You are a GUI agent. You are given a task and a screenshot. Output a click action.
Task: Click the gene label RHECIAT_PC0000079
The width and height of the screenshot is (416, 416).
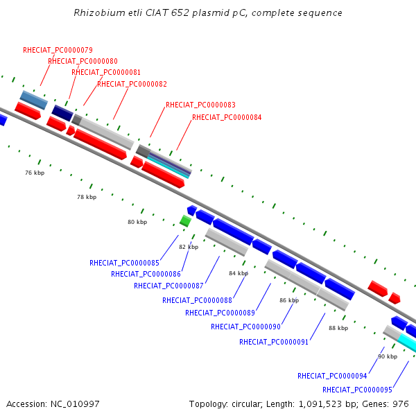(58, 50)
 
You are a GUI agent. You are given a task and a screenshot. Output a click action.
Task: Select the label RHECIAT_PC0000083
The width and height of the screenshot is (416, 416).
(200, 105)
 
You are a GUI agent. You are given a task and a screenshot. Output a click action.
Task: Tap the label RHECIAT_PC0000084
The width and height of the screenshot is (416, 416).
(227, 117)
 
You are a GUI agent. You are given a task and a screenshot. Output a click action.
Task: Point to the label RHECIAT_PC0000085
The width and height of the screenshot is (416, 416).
(124, 263)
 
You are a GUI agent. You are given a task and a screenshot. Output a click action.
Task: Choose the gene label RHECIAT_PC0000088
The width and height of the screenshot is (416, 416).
(197, 300)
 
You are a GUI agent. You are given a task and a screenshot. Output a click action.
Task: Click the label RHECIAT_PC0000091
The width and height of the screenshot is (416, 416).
(274, 342)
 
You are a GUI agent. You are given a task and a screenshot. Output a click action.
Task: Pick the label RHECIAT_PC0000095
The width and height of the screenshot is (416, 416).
(357, 390)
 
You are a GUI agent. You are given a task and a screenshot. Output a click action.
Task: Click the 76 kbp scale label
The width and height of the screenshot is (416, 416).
(35, 173)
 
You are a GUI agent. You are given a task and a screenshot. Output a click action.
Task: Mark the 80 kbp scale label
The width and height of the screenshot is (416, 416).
(137, 222)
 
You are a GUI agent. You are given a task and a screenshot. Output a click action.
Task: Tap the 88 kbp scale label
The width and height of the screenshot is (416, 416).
(338, 328)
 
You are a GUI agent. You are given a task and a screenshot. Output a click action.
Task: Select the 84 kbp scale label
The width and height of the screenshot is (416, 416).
(239, 273)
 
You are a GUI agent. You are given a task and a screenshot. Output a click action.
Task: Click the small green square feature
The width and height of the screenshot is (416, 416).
(185, 221)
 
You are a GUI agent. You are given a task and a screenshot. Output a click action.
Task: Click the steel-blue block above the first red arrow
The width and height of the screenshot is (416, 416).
(34, 100)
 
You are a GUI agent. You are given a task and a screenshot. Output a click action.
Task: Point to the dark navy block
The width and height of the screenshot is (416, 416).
(62, 113)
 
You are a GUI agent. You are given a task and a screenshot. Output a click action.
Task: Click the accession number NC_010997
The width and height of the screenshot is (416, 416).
(75, 404)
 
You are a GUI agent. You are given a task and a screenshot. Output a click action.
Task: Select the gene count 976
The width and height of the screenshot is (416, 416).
(401, 404)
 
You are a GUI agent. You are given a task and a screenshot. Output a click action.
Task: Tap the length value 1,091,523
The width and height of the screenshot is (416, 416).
(320, 404)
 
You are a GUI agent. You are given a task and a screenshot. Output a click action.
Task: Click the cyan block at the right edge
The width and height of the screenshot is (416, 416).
(407, 343)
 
